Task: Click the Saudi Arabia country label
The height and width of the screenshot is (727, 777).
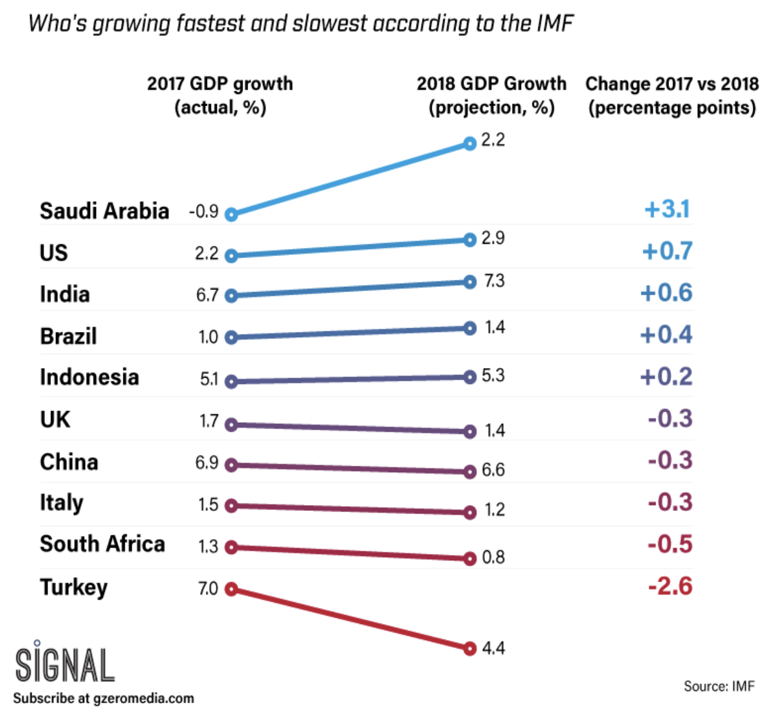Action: coord(104,211)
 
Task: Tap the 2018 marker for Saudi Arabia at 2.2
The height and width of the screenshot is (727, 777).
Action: coord(470,143)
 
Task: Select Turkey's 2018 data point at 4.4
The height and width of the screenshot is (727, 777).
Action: coord(470,648)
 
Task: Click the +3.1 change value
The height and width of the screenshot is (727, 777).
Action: coord(667,209)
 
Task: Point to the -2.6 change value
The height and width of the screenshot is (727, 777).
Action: coord(670,586)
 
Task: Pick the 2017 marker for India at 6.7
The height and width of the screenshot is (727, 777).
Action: coord(232,296)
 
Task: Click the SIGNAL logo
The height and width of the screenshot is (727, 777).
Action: coord(64,663)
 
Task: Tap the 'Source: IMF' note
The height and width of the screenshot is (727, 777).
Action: coord(718,686)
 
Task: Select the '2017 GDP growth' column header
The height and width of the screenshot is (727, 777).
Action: coord(220,95)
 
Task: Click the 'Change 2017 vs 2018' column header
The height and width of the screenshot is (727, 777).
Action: coord(672,95)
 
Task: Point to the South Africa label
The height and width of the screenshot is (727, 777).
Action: coord(102,544)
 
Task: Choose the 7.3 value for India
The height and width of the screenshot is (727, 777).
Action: coord(494,281)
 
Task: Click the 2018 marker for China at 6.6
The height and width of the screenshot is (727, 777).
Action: coord(470,472)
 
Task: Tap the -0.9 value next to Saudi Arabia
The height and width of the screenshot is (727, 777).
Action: coord(203,212)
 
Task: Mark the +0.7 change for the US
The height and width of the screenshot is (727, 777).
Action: coord(667,251)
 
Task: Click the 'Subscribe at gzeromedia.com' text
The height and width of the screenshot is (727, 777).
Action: coord(103,699)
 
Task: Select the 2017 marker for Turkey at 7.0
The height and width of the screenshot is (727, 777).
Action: coord(232,589)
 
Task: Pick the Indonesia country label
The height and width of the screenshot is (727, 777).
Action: coord(89,377)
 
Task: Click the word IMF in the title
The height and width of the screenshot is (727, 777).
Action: coord(554,24)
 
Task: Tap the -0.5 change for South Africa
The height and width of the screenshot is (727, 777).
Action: coord(670,544)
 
